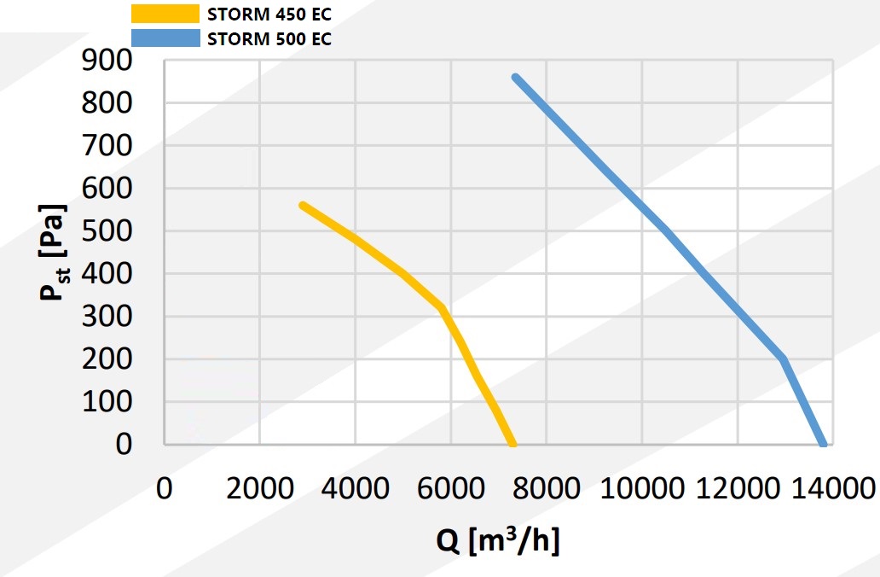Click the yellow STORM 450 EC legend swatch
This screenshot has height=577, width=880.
[165, 14]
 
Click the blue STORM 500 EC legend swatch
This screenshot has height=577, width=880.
[165, 38]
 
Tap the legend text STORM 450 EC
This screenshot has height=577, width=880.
[269, 14]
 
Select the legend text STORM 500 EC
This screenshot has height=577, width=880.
[269, 38]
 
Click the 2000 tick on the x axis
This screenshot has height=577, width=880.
[259, 489]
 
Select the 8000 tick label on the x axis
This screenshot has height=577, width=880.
[546, 489]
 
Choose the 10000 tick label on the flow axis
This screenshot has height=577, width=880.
[641, 489]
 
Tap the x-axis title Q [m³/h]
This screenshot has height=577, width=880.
[500, 540]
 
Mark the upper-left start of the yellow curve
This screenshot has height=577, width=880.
[303, 206]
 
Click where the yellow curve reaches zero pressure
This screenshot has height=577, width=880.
[512, 444]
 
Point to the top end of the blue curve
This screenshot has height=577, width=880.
[515, 78]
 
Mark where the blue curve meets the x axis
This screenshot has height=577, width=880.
[823, 444]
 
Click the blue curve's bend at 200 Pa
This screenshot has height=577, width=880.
[783, 359]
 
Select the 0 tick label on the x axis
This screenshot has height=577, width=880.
[165, 489]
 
